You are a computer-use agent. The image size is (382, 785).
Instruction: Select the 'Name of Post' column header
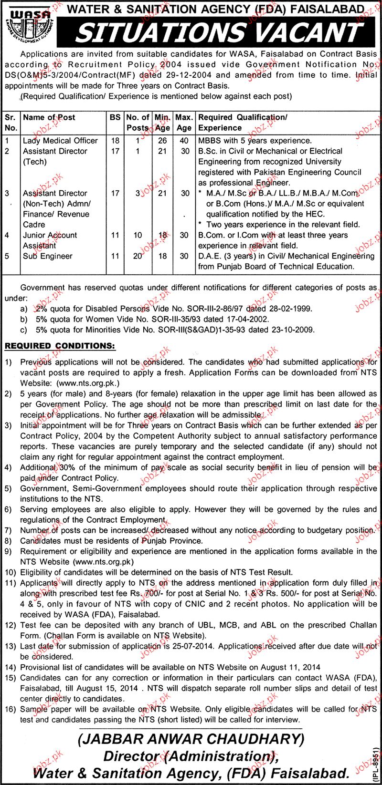[49, 117]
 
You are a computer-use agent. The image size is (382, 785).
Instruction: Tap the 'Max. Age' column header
[184, 122]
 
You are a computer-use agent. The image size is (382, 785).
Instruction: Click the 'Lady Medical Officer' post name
[60, 141]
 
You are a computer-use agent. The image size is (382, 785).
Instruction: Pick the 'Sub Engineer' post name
[48, 256]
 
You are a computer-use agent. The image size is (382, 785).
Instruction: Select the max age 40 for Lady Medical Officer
[184, 141]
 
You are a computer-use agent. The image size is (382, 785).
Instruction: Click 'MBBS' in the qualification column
[211, 141]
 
